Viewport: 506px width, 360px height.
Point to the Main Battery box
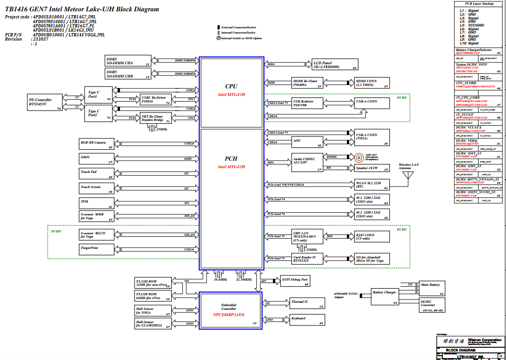(x=431, y=288)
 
